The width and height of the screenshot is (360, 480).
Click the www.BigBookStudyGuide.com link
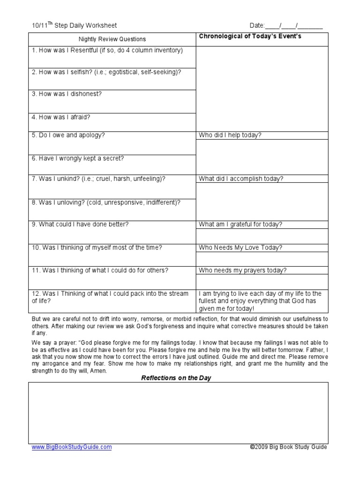[72, 447]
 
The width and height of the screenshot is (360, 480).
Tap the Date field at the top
[285, 25]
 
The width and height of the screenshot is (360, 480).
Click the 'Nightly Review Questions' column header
[112, 39]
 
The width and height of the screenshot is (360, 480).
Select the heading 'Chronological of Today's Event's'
[250, 37]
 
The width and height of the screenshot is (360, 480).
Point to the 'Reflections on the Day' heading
[176, 378]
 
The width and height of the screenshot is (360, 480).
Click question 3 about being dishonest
[67, 94]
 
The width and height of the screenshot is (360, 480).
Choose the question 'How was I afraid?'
[61, 117]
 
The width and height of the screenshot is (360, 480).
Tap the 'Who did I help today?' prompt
[230, 135]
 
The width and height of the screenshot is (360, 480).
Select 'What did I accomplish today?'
[241, 179]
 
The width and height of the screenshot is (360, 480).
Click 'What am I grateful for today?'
[240, 224]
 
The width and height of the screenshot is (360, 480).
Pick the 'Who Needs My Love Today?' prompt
[240, 247]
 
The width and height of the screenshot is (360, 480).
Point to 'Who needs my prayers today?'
[243, 270]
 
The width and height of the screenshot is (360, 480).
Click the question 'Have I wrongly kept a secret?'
[78, 158]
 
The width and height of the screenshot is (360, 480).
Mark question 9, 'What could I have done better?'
[80, 224]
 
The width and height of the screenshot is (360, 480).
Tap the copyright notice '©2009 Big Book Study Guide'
[288, 447]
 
